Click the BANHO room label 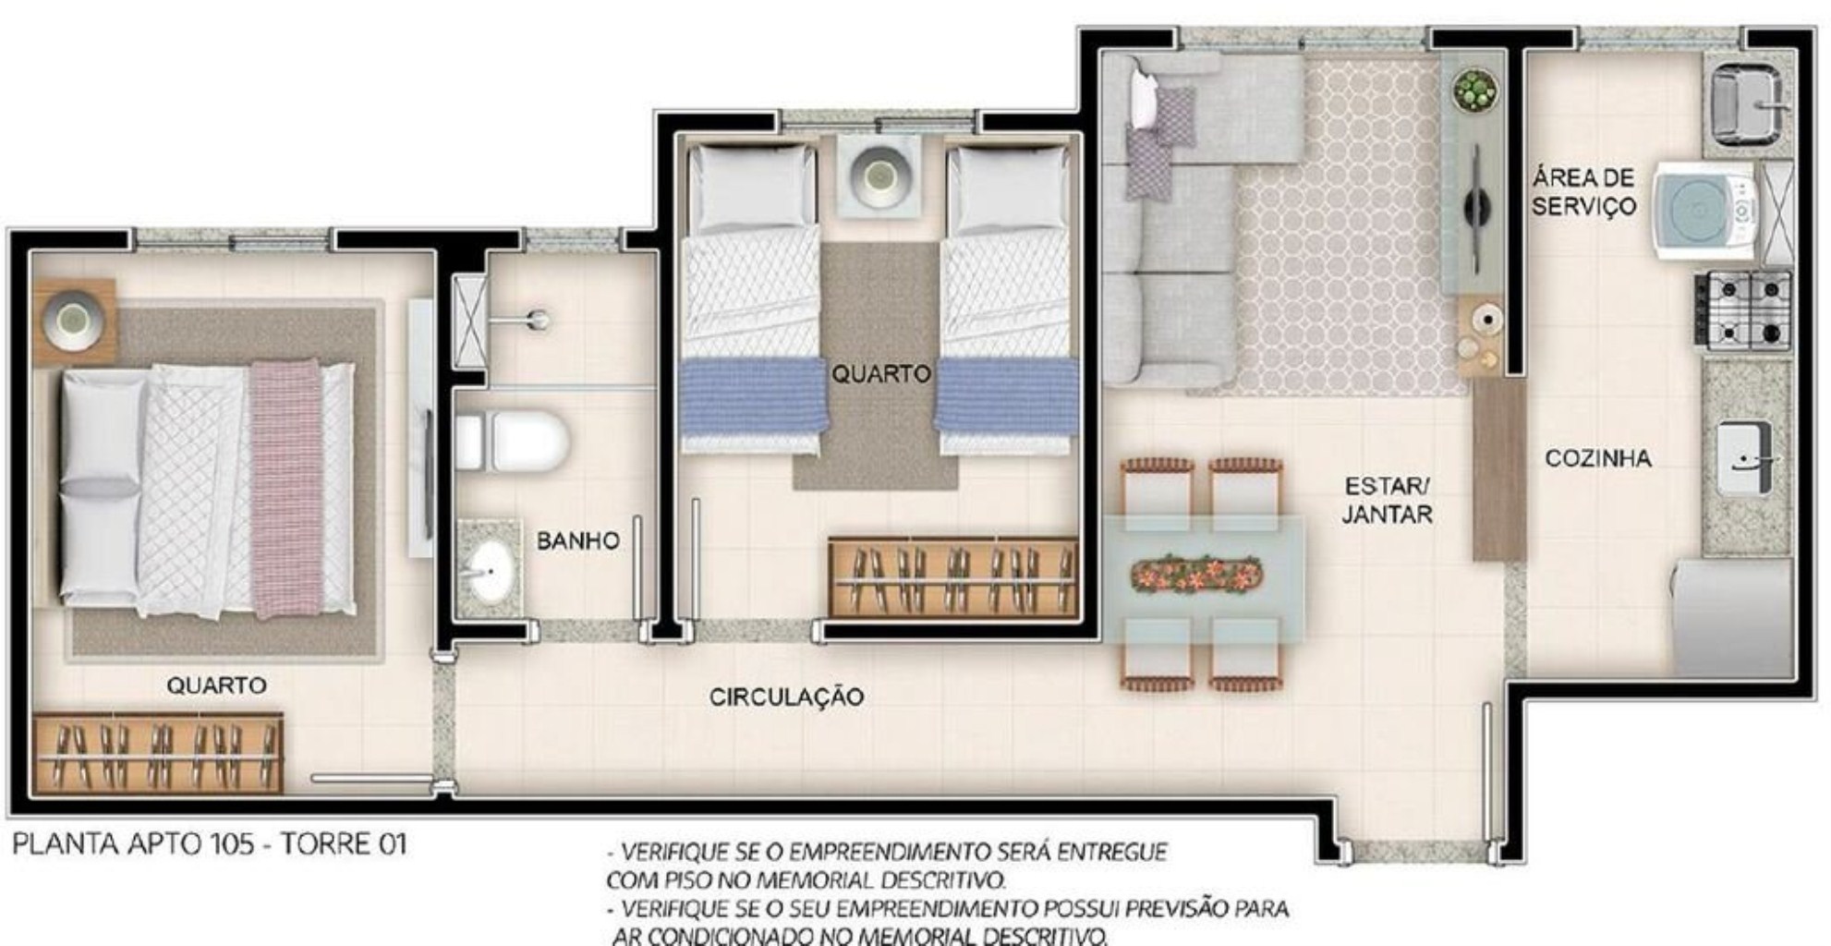(x=577, y=540)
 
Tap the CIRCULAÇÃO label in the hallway (x=786, y=697)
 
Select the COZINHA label (x=1597, y=458)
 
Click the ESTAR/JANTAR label (x=1387, y=500)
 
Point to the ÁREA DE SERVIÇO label (x=1582, y=191)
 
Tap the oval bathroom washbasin (x=489, y=571)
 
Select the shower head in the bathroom (x=537, y=321)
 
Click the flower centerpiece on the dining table (x=1196, y=574)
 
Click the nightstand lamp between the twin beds (x=879, y=176)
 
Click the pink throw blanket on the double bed (x=285, y=490)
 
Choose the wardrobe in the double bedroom (x=158, y=752)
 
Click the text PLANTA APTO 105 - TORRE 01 (x=210, y=844)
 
